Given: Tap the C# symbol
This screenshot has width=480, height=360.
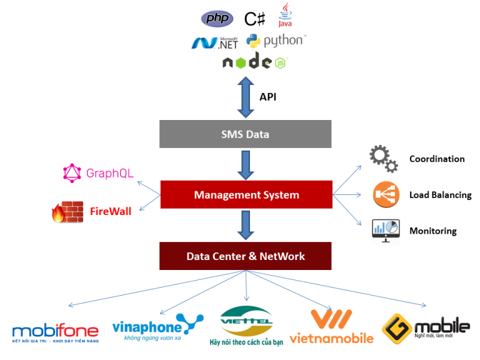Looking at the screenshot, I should pos(255,19).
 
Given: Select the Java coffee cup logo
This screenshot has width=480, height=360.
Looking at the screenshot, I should pos(286,16).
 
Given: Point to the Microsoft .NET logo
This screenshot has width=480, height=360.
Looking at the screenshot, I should pos(214,42).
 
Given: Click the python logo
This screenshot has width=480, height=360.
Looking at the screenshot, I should pos(276,41).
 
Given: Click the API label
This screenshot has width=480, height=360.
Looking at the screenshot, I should pos(267,97).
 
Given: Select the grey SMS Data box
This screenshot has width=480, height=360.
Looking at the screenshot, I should pos(246,134).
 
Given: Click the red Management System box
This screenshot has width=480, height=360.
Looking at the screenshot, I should pos(246,194).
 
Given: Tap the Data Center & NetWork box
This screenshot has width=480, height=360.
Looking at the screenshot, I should pos(246,256).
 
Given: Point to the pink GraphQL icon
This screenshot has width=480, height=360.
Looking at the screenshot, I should pos(72,173).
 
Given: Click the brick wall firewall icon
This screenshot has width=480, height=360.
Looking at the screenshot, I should pos(67,212).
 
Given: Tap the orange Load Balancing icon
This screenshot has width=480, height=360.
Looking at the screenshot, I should pos(386,194).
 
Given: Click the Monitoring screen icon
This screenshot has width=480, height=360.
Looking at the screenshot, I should pos(385,231).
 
